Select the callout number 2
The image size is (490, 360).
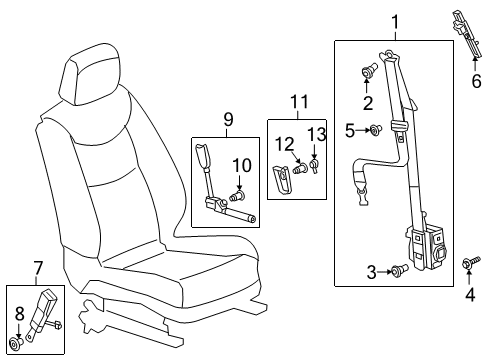[x=368, y=101]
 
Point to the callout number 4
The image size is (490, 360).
[x=468, y=295]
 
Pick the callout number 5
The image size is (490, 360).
[x=350, y=129]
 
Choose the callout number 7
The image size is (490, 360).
[x=38, y=268]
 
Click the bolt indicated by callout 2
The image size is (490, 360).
[x=368, y=72]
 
